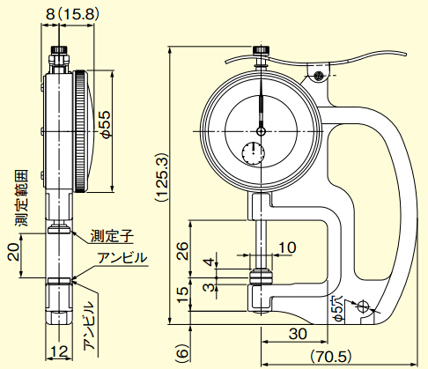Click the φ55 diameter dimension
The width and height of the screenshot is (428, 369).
click(107, 123)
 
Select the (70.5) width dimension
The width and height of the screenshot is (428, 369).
click(331, 357)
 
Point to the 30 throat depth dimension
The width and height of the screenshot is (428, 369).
click(298, 334)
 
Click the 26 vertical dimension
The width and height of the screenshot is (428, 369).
click(183, 250)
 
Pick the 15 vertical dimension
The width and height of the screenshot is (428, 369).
click(183, 294)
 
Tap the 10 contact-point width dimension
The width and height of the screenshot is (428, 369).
click(287, 247)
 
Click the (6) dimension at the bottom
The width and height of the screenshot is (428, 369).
click(182, 351)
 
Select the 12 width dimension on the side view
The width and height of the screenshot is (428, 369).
click(59, 351)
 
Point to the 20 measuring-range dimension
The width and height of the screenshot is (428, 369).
click(13, 252)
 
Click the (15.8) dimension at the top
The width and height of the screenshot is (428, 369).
click(77, 14)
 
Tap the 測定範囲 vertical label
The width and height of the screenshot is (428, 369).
click(22, 198)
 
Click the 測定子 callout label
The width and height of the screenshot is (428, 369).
click(112, 235)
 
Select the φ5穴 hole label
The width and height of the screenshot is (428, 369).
click(339, 309)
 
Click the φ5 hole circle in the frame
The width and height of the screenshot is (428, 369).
click(363, 306)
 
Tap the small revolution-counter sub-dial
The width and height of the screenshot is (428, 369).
click(254, 153)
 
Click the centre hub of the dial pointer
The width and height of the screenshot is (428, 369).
click(261, 131)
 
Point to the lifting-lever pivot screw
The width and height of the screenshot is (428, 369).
click(318, 75)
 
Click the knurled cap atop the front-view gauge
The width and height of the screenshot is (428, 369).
click(261, 50)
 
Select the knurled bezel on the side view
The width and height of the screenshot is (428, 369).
click(80, 131)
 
